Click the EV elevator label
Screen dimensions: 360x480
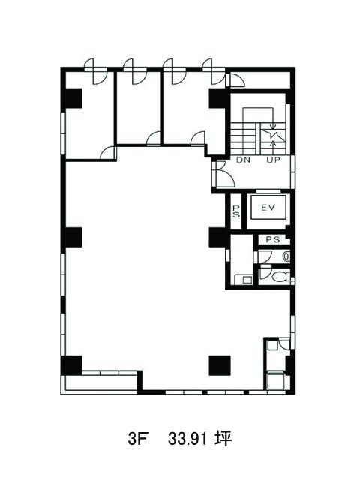click(268, 208)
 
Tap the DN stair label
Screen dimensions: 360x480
click(243, 160)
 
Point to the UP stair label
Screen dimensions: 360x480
click(273, 160)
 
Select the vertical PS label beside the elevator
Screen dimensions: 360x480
click(236, 211)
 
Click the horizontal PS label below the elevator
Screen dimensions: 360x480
click(272, 240)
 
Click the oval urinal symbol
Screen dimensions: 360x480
click(286, 256)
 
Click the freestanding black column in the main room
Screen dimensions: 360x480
click(220, 365)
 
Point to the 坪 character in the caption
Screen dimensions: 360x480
click(223, 439)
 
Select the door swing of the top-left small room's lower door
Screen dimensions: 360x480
click(108, 153)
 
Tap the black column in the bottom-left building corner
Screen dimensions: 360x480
click(72, 365)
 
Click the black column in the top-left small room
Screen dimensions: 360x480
click(72, 98)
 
